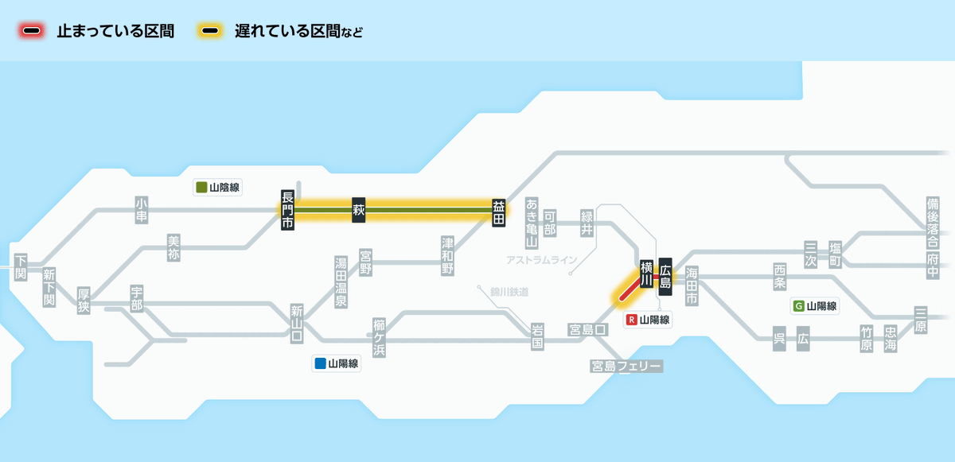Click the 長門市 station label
(x=287, y=210)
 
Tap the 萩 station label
(x=359, y=210)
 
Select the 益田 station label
(x=499, y=213)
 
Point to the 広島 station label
(x=665, y=277)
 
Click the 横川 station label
(x=647, y=274)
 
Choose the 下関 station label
(x=21, y=267)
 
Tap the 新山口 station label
(x=297, y=324)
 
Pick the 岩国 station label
(x=537, y=336)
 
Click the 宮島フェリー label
(x=626, y=367)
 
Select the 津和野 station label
(x=447, y=256)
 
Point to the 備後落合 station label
(x=933, y=223)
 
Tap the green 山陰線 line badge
(x=217, y=188)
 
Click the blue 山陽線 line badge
(x=337, y=363)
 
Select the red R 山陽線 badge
(x=648, y=320)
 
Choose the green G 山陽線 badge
(x=815, y=306)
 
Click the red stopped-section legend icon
(x=32, y=31)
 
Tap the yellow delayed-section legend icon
(x=210, y=31)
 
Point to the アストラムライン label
(x=541, y=260)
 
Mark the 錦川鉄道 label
(x=509, y=292)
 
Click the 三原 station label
(x=921, y=320)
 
